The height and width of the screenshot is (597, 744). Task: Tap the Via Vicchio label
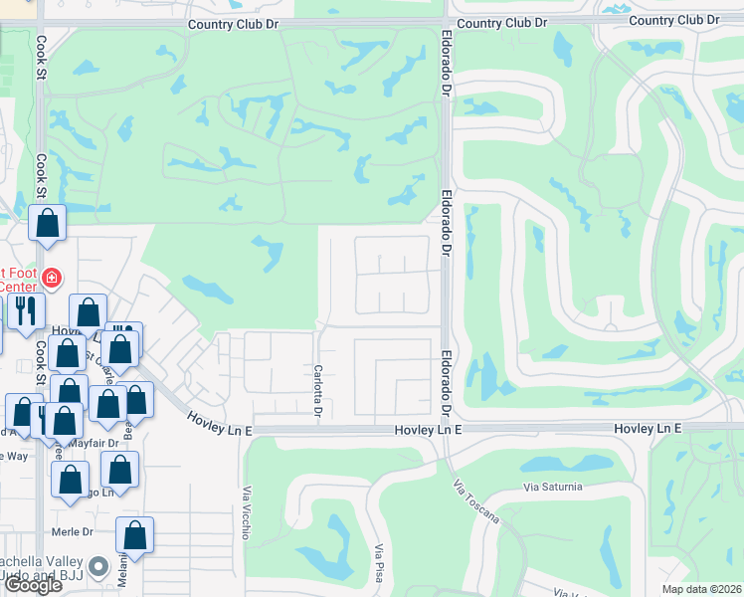pos(245,511)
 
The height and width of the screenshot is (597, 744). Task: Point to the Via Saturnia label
pos(553,487)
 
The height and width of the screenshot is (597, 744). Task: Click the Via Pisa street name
pos(379,563)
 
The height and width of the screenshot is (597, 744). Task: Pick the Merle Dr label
pos(74,531)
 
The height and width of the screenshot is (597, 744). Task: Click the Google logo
pos(33,585)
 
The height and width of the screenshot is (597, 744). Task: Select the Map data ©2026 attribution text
pos(702,589)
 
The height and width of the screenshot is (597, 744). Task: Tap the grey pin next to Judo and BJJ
pos(97,567)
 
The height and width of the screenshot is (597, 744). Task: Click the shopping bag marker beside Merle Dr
pos(135,535)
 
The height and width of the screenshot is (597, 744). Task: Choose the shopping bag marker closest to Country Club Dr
pos(47,223)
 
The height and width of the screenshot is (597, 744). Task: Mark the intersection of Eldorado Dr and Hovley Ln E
pos(446,429)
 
